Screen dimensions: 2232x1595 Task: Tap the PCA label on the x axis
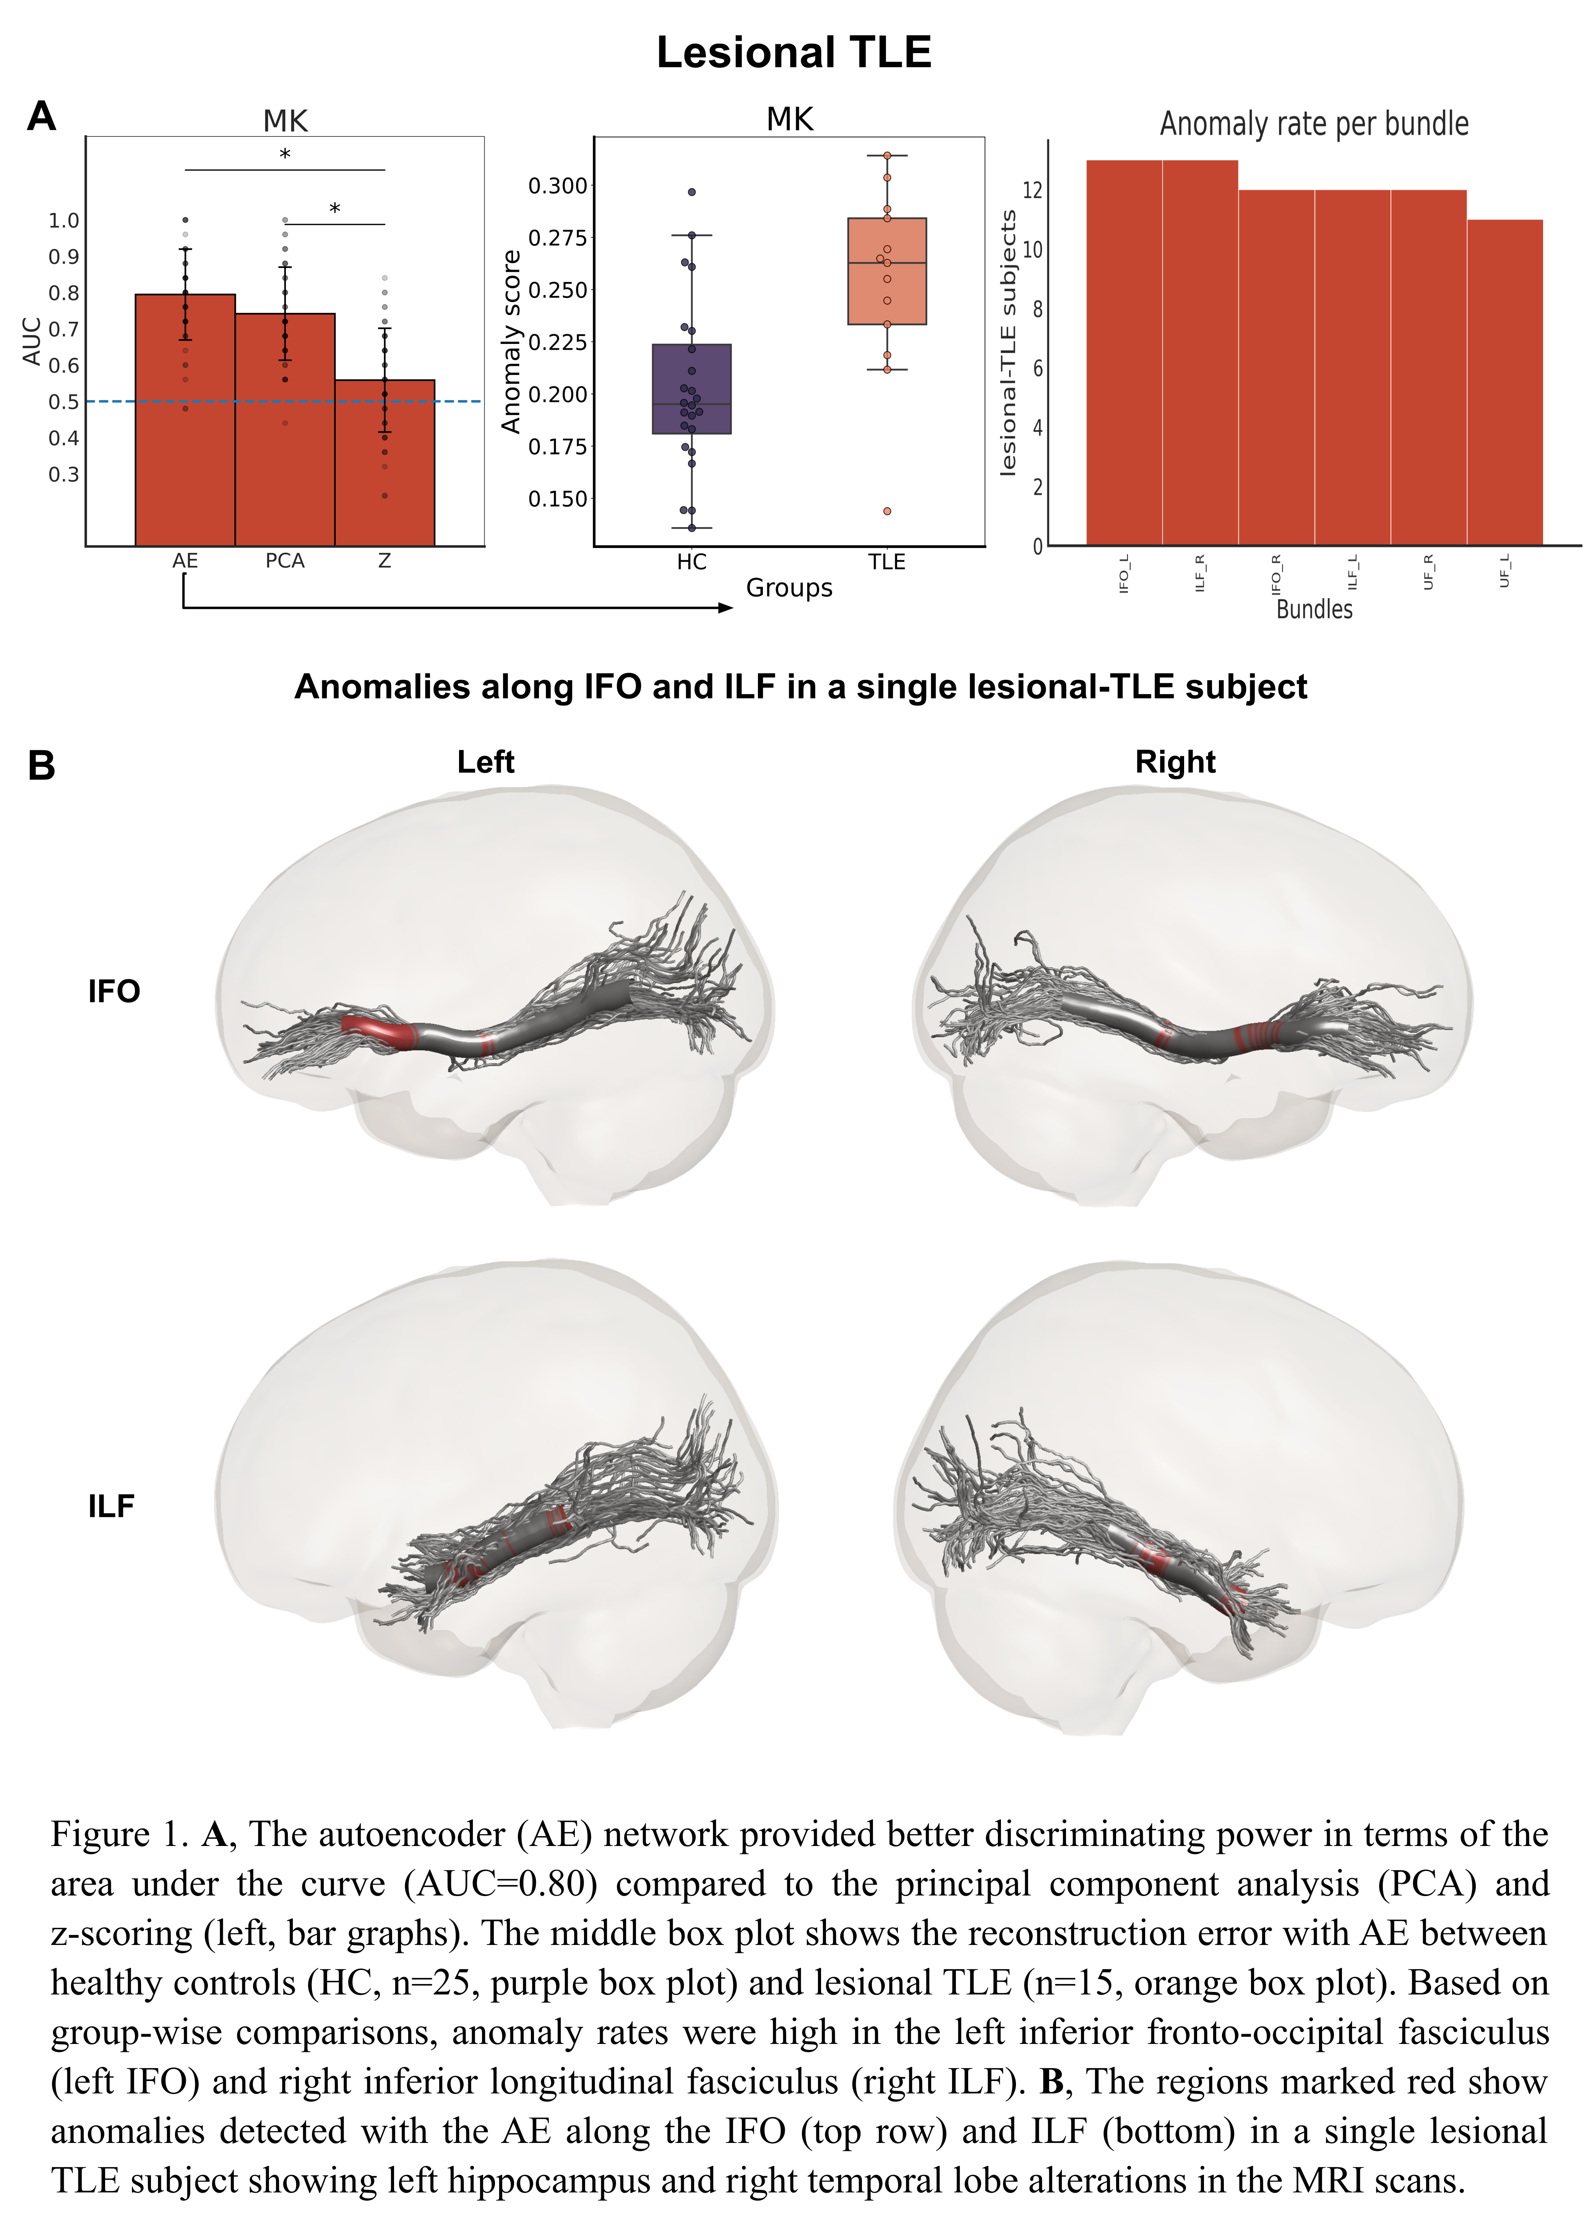[285, 561]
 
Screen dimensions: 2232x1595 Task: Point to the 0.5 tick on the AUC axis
[64, 402]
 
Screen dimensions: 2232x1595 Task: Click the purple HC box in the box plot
[691, 389]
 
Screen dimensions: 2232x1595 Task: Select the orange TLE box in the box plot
[887, 271]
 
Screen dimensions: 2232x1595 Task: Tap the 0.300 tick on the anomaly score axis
[557, 186]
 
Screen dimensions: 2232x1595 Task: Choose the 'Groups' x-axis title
[789, 588]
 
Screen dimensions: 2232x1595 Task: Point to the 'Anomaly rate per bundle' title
[1314, 124]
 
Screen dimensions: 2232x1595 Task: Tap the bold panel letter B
[41, 765]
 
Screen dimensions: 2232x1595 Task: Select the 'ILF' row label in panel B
[111, 1506]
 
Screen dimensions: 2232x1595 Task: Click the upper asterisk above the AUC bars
[285, 154]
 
